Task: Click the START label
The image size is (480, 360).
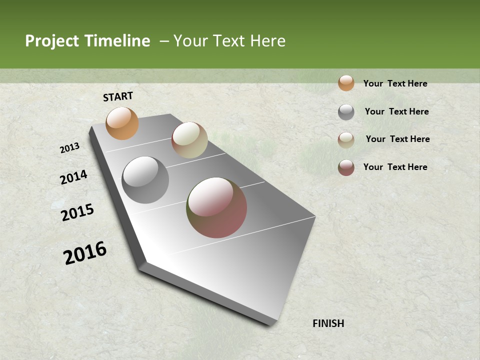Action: (118, 96)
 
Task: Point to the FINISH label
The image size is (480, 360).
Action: (328, 323)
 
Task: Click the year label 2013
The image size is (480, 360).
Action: (70, 148)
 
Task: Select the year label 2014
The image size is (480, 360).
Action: (73, 177)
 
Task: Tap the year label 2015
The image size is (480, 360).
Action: (77, 212)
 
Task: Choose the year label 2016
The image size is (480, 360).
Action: (85, 253)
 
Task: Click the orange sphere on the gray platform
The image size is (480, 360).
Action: (122, 123)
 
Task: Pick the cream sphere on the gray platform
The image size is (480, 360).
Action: (189, 140)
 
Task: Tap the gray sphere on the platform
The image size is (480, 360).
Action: (145, 180)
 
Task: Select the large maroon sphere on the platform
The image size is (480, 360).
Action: (216, 207)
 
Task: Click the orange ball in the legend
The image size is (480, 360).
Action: (346, 83)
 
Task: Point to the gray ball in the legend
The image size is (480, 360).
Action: (346, 112)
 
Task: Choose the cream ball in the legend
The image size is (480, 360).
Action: (346, 140)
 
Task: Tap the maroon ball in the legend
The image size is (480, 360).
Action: (346, 167)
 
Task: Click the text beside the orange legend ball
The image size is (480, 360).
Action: (395, 83)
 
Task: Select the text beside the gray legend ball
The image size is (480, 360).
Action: (396, 111)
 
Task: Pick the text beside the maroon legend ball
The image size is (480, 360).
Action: (395, 167)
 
